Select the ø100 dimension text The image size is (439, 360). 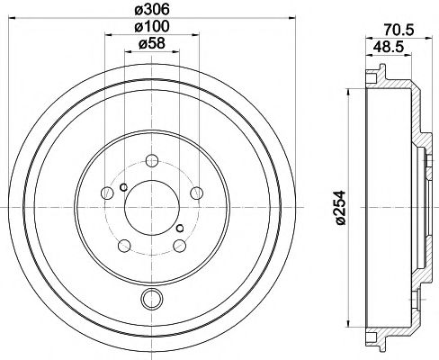tap(150, 28)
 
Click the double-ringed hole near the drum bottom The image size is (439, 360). tap(150, 300)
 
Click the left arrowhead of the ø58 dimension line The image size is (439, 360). tap(125, 53)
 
